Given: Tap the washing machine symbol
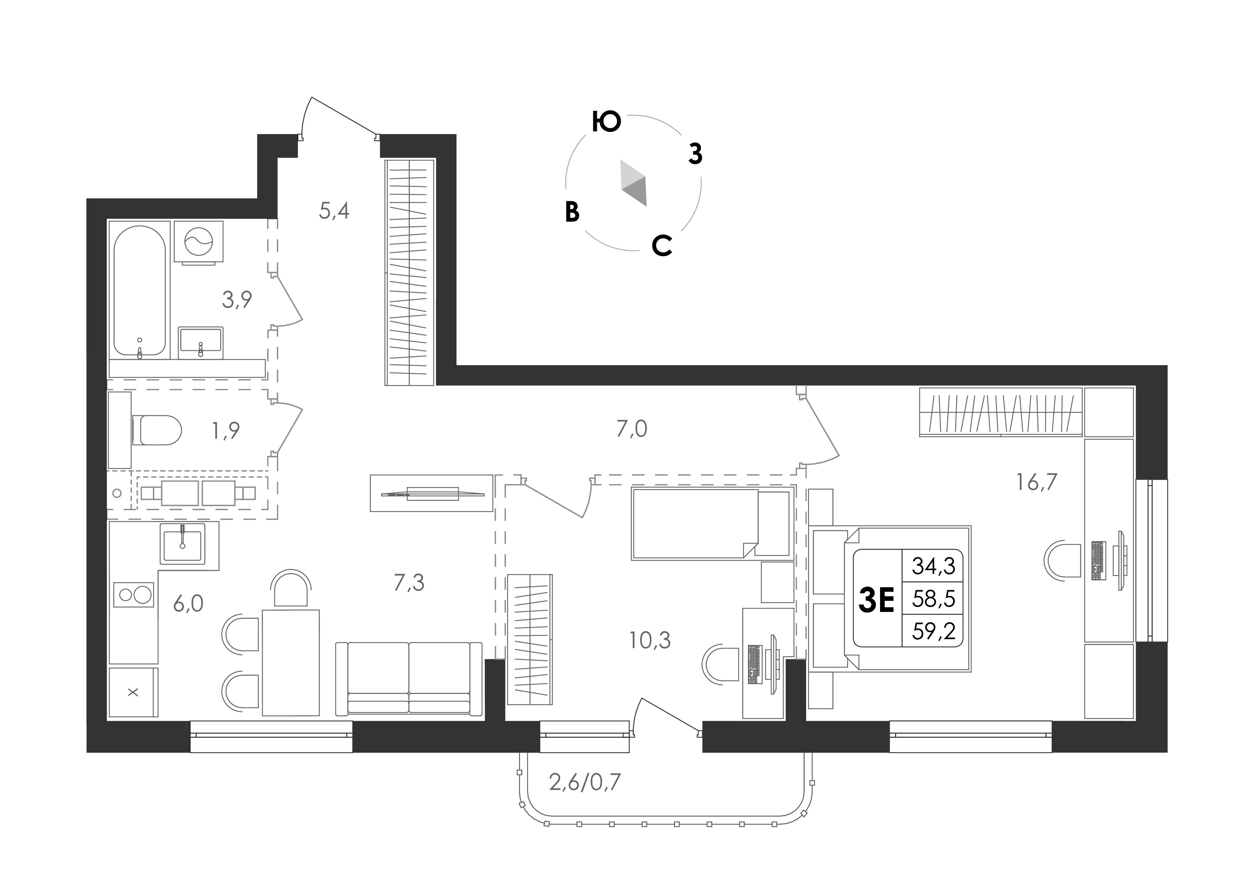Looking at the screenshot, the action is pyautogui.click(x=199, y=242).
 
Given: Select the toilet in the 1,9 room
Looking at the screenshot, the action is pyautogui.click(x=156, y=430).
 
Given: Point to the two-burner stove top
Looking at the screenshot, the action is pyautogui.click(x=134, y=594).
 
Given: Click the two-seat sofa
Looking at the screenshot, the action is pyautogui.click(x=409, y=679).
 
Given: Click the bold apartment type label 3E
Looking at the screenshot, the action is pyautogui.click(x=876, y=600).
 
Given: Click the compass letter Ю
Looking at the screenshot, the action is pyautogui.click(x=607, y=122).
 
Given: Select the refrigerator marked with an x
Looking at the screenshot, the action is pyautogui.click(x=134, y=692).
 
